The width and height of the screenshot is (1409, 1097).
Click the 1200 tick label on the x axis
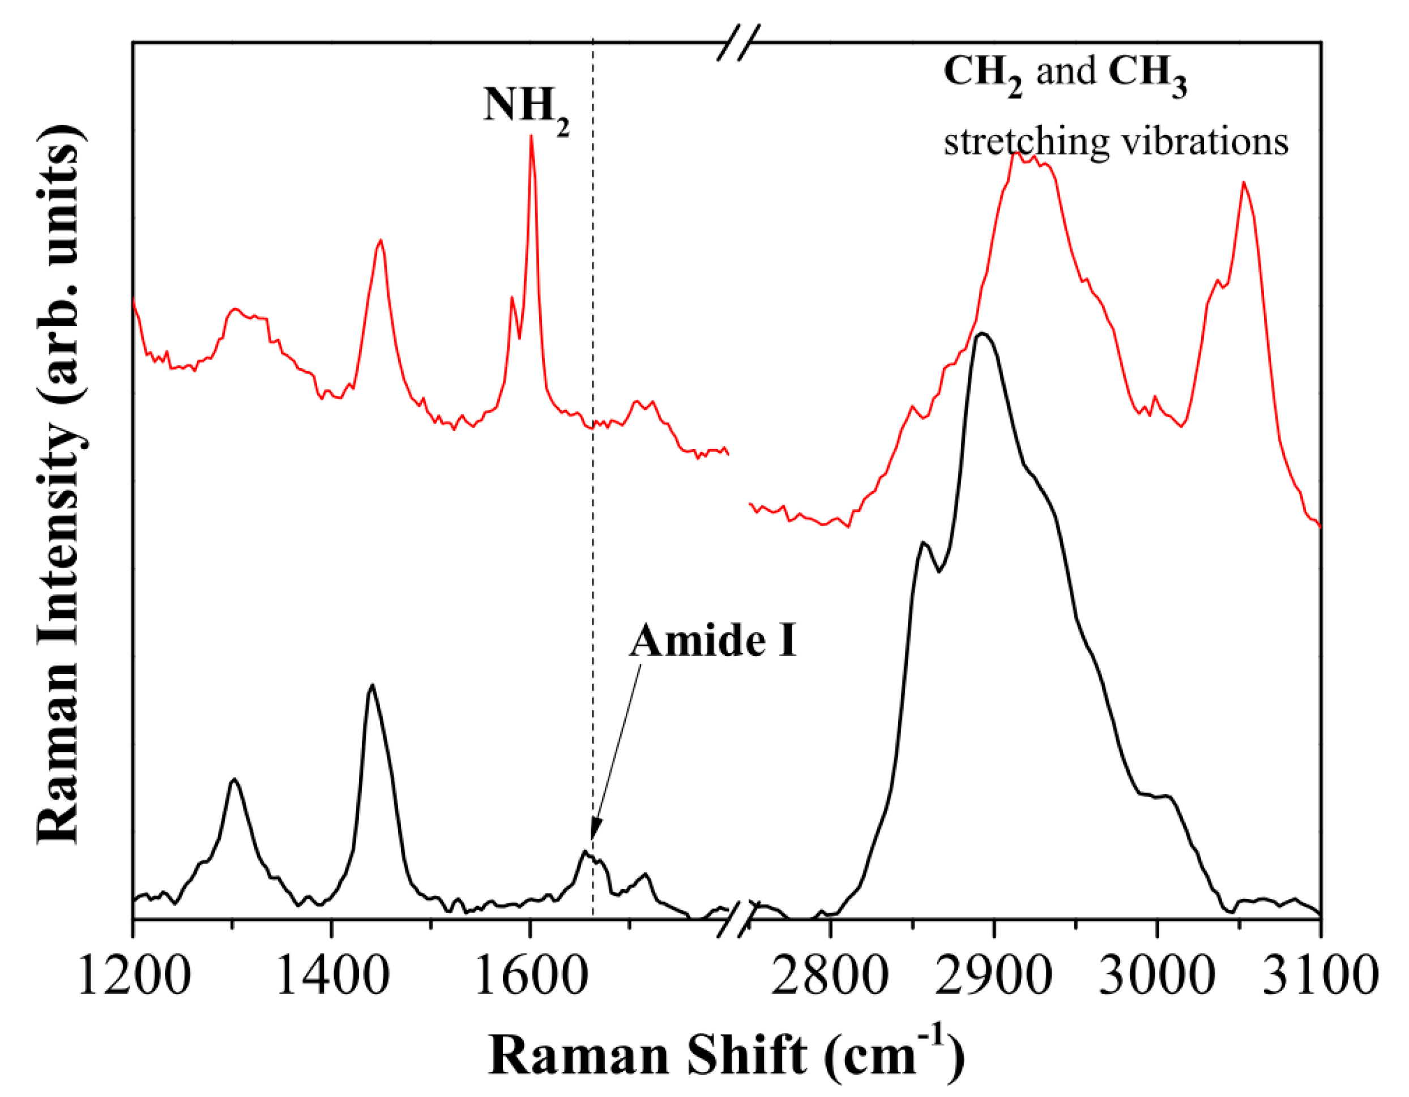click(x=134, y=976)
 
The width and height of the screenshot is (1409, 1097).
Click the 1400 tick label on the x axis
click(x=332, y=976)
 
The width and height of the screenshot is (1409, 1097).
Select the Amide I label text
click(x=713, y=642)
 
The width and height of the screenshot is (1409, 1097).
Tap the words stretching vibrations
click(x=1116, y=142)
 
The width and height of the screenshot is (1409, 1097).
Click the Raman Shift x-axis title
click(x=726, y=1056)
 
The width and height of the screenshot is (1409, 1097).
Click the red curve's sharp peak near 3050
click(x=1243, y=183)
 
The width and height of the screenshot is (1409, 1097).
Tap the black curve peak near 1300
click(x=234, y=779)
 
